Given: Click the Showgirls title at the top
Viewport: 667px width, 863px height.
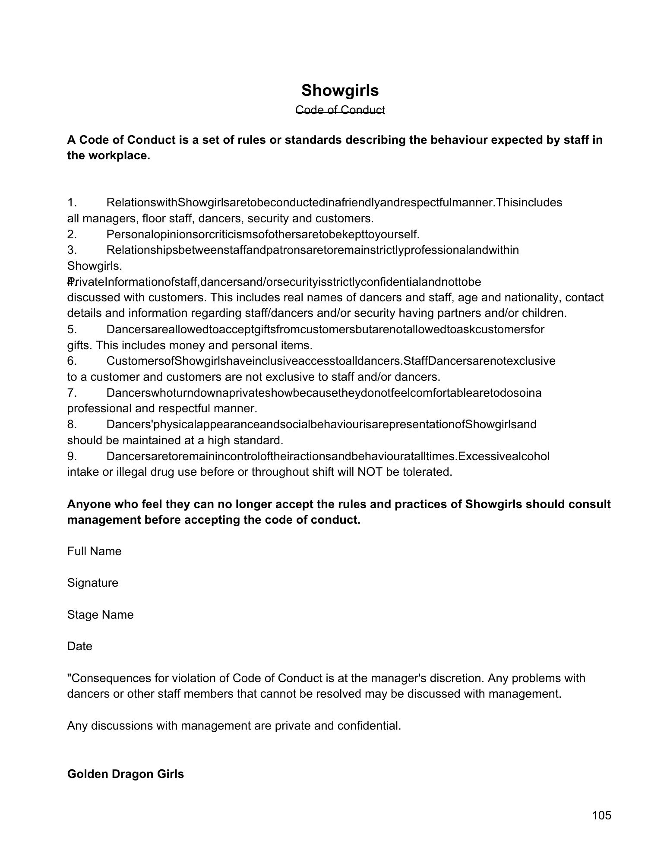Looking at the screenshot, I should tap(340, 90).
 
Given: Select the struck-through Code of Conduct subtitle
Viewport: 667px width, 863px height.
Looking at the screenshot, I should tap(340, 110).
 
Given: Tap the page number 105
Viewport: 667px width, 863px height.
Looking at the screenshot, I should tap(601, 815).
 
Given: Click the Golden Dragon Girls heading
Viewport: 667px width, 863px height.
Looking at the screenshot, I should tap(125, 774).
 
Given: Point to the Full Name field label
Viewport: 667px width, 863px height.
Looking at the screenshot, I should tap(94, 551).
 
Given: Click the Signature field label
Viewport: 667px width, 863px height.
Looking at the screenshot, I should tap(92, 583).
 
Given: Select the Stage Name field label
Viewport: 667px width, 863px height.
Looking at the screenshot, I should tap(100, 614).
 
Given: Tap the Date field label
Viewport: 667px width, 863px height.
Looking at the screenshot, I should tap(79, 646).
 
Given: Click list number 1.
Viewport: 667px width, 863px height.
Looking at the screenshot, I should tap(72, 202).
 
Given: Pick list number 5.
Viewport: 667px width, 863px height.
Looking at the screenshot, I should tap(72, 329).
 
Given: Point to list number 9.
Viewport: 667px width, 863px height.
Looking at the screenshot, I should tap(72, 456).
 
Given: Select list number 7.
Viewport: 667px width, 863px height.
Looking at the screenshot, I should tap(72, 393).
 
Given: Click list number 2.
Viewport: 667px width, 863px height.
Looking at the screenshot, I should tap(72, 234).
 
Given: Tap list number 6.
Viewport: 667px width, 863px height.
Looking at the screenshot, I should tap(72, 361).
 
